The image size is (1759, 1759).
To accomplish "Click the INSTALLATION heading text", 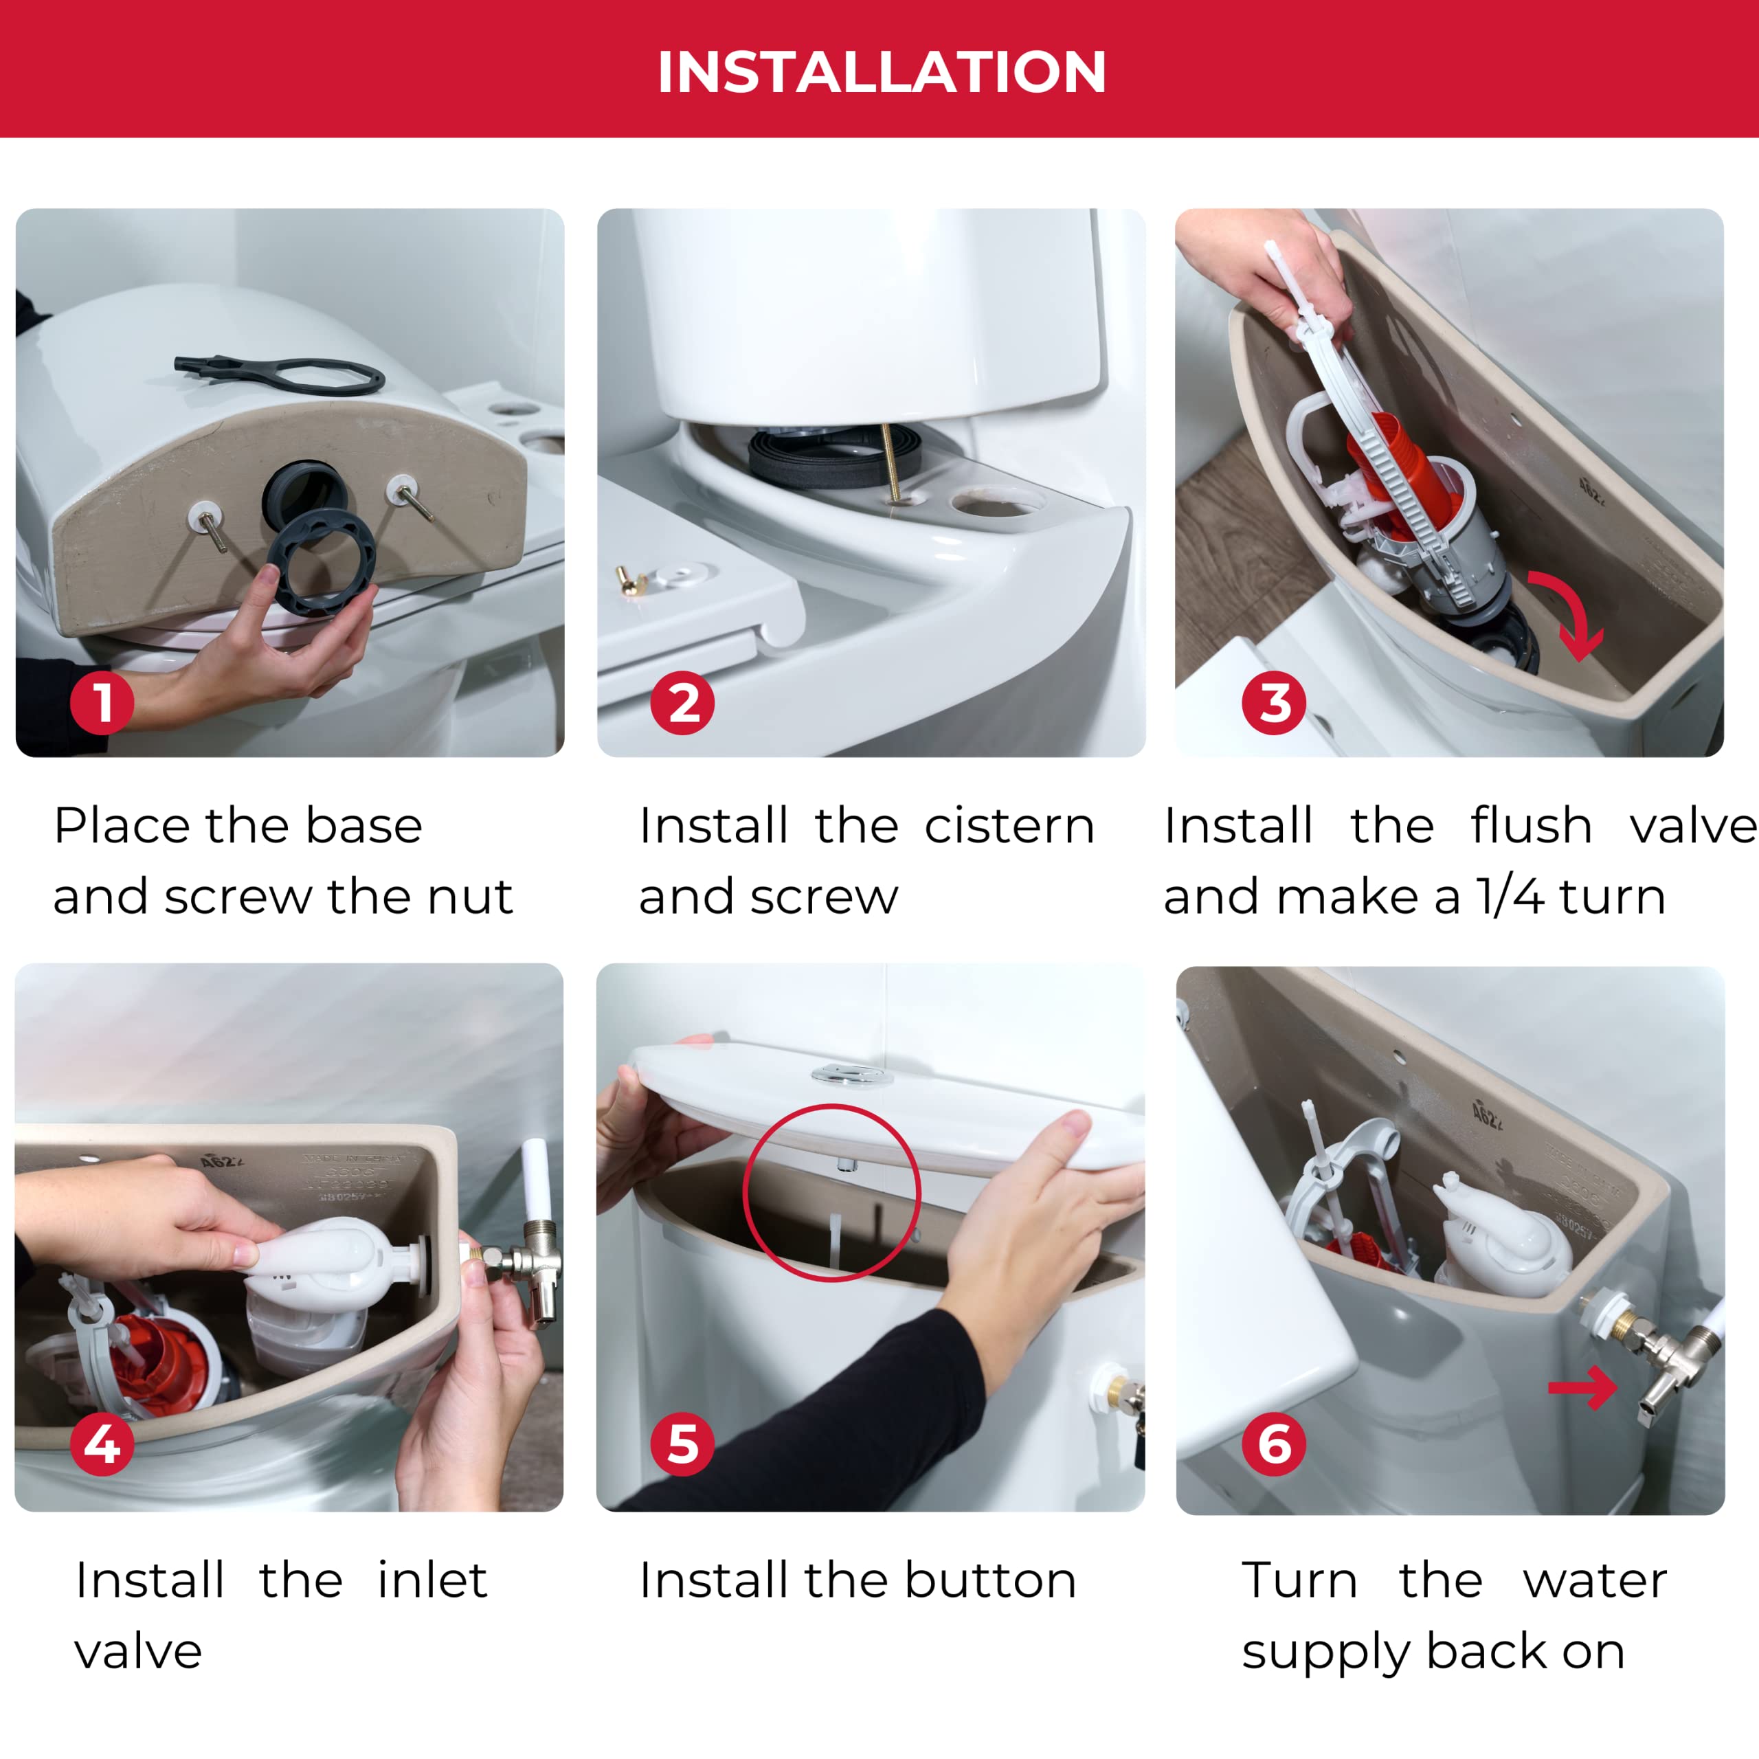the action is (880, 72).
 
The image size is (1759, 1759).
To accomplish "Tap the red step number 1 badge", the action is (102, 703).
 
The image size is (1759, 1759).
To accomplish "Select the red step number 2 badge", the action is (683, 703).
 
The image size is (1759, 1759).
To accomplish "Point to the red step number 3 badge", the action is (1274, 703).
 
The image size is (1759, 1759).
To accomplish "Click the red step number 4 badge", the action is (102, 1444).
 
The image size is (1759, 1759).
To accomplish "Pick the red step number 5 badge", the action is (683, 1444).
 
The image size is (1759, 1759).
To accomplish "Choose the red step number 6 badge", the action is (1274, 1444).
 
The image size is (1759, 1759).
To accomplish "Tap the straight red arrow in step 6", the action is (1582, 1387).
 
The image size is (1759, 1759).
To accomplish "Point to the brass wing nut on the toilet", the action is (627, 579).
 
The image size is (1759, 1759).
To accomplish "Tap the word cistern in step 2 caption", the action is (1009, 826).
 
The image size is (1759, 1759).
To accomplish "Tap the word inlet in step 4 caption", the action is (432, 1580).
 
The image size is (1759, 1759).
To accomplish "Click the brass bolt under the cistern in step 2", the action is (890, 462).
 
